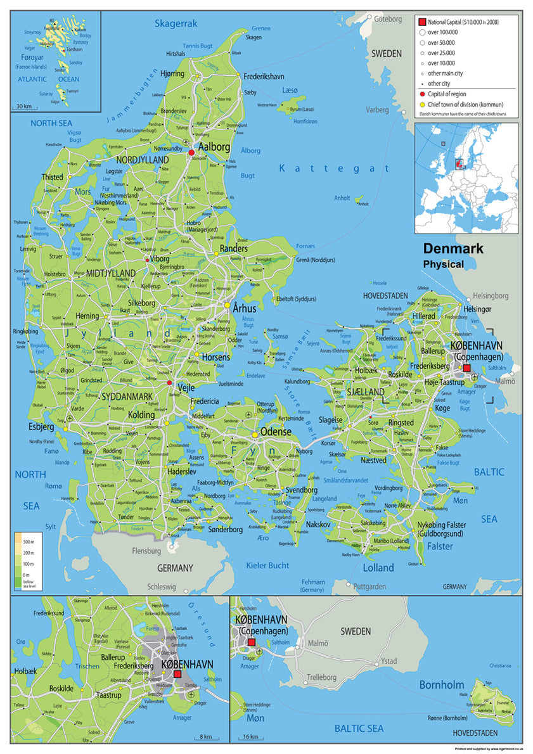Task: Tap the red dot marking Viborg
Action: [x=148, y=260]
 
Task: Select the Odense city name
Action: [x=276, y=431]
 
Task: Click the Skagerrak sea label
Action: [x=176, y=23]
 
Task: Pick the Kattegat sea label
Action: [x=335, y=169]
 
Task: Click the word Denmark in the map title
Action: [x=453, y=249]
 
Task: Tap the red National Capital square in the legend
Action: [x=421, y=21]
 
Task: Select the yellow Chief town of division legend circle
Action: [x=421, y=104]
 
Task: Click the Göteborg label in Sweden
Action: [x=389, y=18]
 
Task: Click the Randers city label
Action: [x=233, y=248]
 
